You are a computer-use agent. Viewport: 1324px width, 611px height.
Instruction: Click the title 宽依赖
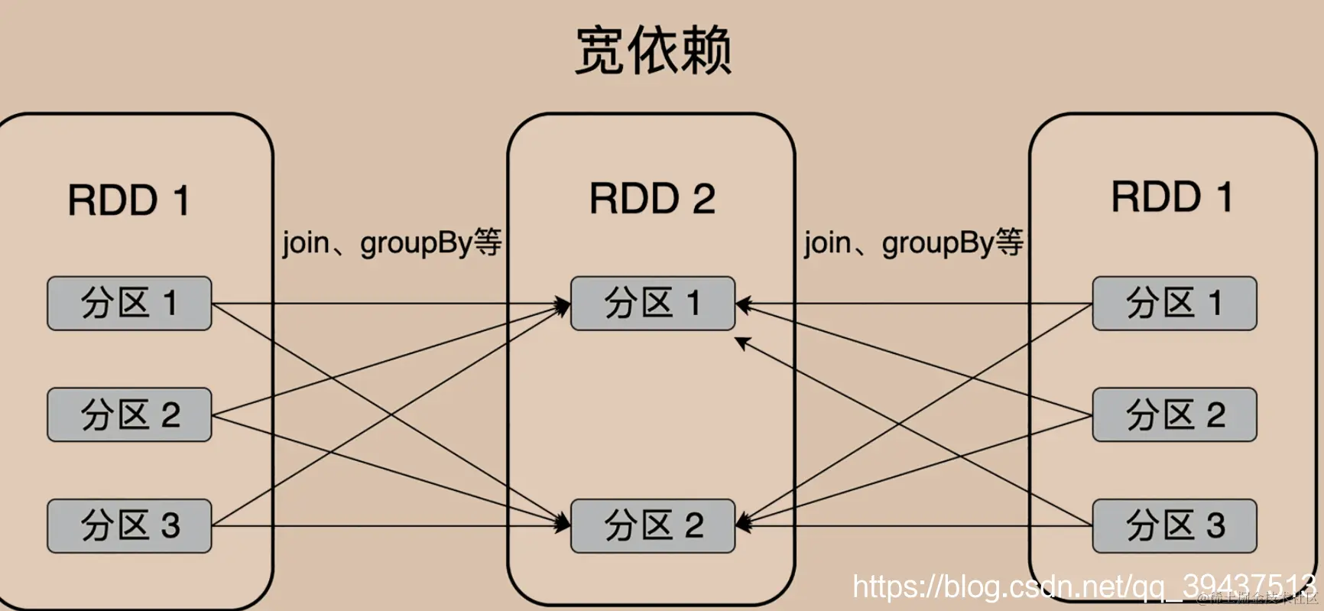point(654,50)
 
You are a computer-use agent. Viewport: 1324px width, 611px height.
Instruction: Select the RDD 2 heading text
point(652,199)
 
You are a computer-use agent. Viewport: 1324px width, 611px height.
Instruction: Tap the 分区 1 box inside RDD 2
point(652,304)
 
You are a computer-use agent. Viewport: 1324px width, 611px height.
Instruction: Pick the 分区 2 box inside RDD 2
point(652,526)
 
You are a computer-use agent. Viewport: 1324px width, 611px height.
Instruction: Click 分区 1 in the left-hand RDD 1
point(129,304)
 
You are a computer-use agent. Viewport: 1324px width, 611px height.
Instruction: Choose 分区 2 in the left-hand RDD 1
point(129,414)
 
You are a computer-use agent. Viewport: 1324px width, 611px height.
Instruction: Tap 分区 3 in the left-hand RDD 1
point(129,526)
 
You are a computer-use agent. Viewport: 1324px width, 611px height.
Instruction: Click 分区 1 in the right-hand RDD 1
point(1174,304)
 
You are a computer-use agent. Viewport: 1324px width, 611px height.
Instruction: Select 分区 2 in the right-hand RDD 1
point(1174,414)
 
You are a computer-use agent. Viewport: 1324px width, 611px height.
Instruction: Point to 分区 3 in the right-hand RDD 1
point(1174,526)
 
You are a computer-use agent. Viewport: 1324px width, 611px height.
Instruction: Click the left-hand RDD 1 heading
point(128,200)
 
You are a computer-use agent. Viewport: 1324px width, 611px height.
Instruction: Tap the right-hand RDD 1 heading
point(1171,197)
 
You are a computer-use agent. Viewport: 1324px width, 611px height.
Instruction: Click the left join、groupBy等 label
point(391,243)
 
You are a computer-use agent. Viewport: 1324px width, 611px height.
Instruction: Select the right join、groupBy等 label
point(913,243)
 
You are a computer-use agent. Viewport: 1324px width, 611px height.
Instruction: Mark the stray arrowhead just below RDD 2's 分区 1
point(742,343)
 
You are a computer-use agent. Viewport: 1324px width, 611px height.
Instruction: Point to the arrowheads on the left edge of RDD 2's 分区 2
point(563,524)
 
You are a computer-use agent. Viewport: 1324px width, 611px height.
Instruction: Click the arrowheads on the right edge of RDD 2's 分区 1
point(744,305)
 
